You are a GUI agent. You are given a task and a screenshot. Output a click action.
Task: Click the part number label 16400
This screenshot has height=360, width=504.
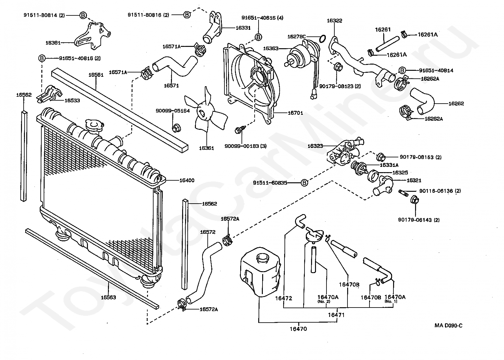[x=187, y=180]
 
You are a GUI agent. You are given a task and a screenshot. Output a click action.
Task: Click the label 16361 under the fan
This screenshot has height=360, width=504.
[x=206, y=148]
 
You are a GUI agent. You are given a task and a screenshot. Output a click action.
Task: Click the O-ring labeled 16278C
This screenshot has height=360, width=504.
[x=322, y=39]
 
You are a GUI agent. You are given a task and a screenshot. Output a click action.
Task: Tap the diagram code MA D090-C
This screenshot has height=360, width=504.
[x=449, y=325]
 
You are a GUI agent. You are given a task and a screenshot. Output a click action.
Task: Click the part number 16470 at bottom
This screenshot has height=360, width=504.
[x=298, y=329]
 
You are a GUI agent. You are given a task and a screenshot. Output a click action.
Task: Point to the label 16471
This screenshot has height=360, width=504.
[x=336, y=315]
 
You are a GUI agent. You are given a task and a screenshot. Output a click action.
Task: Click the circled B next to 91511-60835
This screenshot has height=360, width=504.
[x=304, y=183]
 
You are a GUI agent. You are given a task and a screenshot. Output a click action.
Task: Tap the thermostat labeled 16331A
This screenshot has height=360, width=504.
[x=359, y=168]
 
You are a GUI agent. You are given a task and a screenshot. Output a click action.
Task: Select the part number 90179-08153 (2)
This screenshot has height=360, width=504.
[x=421, y=157]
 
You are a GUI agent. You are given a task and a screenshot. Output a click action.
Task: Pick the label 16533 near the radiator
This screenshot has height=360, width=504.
[x=72, y=101]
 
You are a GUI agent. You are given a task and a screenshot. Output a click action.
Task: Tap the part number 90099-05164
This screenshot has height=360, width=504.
[x=173, y=110]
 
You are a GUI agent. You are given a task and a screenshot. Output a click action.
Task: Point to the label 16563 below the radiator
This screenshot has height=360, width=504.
[x=109, y=297]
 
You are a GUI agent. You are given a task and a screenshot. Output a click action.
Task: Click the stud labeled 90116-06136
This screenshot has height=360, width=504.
[x=404, y=193]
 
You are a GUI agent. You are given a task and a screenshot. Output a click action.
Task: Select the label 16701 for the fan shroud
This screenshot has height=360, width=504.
[x=295, y=113]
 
